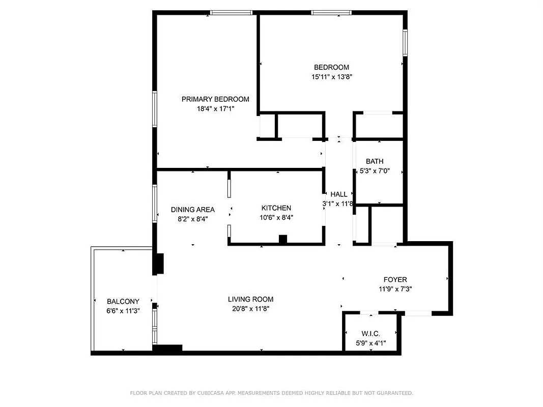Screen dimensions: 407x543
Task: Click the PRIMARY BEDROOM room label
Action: pyautogui.click(x=215, y=99)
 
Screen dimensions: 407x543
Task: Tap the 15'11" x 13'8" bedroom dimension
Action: pyautogui.click(x=332, y=77)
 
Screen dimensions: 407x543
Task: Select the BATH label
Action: pyautogui.click(x=375, y=161)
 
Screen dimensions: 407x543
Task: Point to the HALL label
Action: pyautogui.click(x=339, y=194)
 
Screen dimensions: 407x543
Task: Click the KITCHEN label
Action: pyautogui.click(x=276, y=208)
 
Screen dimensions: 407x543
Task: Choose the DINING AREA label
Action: pyautogui.click(x=192, y=210)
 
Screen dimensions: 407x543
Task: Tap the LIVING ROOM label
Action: pyautogui.click(x=250, y=299)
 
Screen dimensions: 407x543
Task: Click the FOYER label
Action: pyautogui.click(x=395, y=279)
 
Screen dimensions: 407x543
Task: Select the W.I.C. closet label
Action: pyautogui.click(x=371, y=334)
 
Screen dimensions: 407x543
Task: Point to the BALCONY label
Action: pyautogui.click(x=123, y=302)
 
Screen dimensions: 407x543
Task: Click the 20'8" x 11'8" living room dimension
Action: pyautogui.click(x=250, y=308)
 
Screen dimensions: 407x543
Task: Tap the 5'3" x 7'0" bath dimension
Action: pyautogui.click(x=375, y=171)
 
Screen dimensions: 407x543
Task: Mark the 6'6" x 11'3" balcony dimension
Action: pyautogui.click(x=123, y=311)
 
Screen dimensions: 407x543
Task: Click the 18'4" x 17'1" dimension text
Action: pyautogui.click(x=215, y=108)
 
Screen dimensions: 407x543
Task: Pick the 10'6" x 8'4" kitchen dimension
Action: pyautogui.click(x=276, y=217)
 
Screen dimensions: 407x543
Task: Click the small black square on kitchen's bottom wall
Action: pyautogui.click(x=283, y=239)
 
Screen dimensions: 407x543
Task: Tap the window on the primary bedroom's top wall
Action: pyautogui.click(x=232, y=13)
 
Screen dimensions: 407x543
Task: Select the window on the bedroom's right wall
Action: pyautogui.click(x=405, y=42)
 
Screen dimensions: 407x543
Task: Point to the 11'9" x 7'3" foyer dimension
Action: pyautogui.click(x=395, y=288)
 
